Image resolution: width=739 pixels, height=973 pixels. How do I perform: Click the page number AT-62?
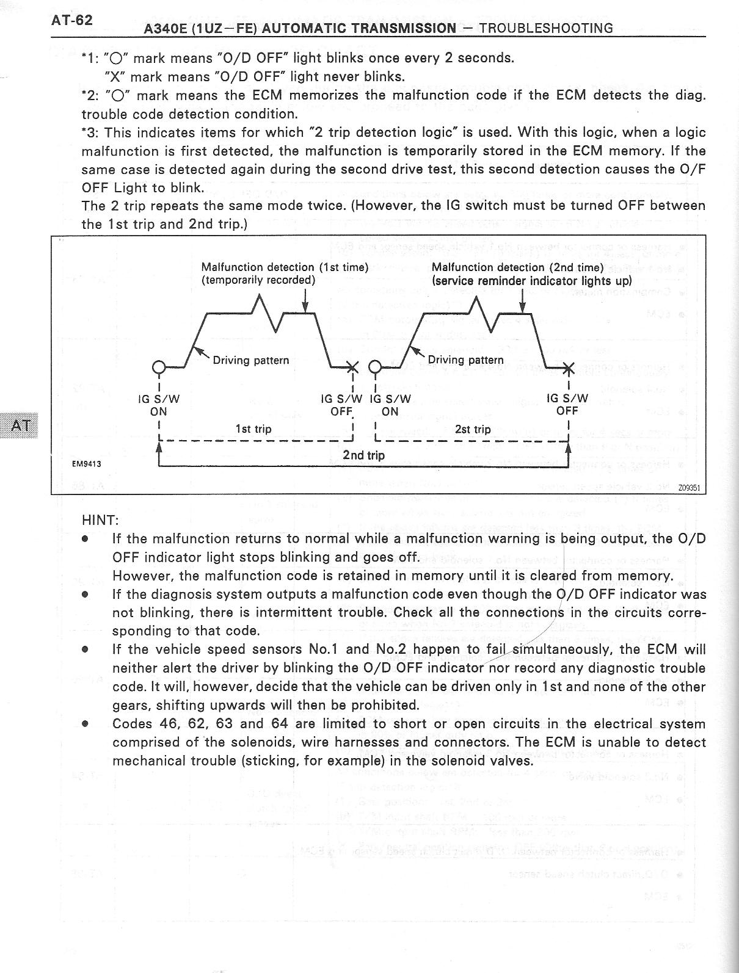72,20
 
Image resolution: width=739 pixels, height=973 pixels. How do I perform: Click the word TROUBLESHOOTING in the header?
546,28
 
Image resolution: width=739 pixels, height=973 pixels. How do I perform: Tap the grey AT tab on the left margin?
20,425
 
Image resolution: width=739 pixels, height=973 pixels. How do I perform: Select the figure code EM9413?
87,464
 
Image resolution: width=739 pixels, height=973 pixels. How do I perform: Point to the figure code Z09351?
688,488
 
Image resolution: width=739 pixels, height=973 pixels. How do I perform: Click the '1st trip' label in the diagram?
253,429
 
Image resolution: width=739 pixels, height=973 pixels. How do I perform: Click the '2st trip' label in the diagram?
473,429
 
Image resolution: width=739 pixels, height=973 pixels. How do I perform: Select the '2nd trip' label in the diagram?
364,455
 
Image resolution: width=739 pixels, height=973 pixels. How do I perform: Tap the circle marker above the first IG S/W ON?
158,367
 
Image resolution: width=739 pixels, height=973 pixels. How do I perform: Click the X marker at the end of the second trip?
568,367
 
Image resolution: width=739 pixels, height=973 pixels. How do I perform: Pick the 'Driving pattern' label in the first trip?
250,360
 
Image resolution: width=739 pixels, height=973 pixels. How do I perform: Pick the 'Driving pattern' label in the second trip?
465,360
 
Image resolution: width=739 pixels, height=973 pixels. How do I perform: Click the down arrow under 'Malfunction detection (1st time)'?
305,301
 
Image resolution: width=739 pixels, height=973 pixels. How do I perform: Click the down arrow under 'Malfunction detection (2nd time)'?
522,301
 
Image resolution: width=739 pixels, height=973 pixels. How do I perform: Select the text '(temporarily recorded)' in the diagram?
258,280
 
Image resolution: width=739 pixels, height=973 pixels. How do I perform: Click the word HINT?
100,520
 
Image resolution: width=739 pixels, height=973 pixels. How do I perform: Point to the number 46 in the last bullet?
167,724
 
